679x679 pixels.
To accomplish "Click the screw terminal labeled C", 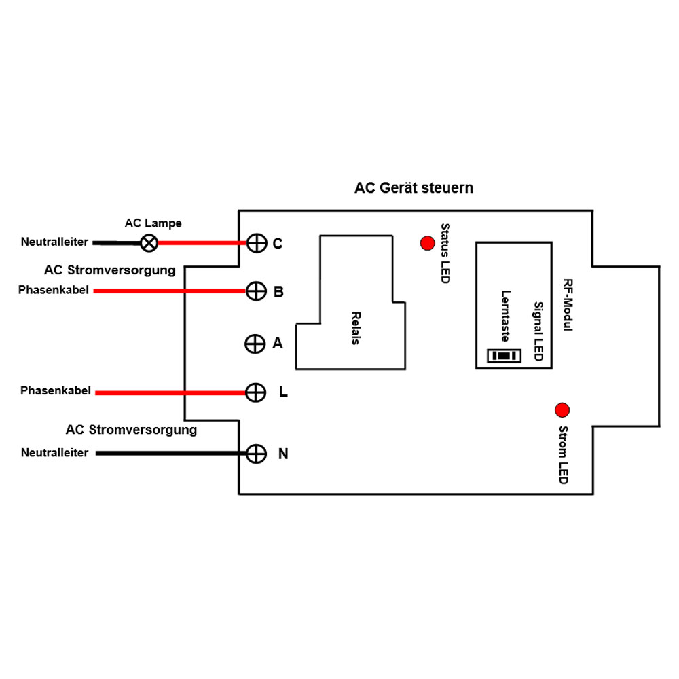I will (256, 243).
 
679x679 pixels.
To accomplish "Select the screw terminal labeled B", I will (255, 292).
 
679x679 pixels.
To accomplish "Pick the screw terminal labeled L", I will (255, 392).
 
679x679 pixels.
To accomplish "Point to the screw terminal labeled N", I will (255, 454).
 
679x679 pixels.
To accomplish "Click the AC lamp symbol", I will (148, 242).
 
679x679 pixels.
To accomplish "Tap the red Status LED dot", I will (427, 242).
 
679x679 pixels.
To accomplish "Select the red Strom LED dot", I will (562, 410).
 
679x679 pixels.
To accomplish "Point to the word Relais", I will (355, 328).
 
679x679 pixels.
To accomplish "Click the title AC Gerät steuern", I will (414, 188).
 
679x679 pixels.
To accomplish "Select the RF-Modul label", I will (568, 305).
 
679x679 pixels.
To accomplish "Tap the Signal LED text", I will (537, 331).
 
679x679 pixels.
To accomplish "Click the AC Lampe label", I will (153, 223).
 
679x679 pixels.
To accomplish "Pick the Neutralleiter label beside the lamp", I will (54, 242).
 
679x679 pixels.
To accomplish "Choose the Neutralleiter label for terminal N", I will (54, 453).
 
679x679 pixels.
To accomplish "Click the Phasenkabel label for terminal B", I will (54, 291).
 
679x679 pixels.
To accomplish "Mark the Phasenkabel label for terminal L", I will (55, 392).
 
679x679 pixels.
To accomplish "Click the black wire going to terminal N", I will (170, 453).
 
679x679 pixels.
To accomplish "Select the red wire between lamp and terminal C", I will (200, 243).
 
